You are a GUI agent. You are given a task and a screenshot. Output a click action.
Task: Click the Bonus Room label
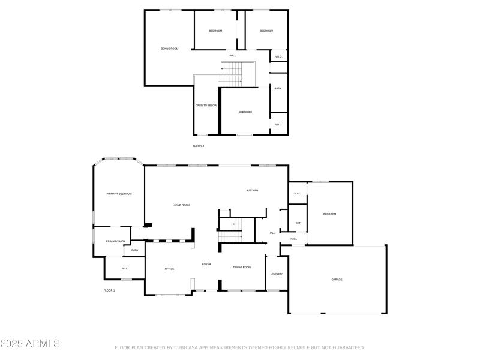(169, 49)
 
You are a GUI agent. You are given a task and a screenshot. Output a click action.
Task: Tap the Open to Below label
(206, 106)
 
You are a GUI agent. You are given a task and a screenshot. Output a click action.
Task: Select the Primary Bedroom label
(119, 194)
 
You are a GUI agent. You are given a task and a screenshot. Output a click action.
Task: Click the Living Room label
(181, 205)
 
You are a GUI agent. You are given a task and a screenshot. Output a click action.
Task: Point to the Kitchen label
(253, 190)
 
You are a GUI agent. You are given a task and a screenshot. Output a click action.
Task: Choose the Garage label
(337, 280)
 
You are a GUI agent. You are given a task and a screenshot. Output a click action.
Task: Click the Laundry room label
(277, 274)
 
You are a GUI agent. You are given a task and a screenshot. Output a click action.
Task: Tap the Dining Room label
(242, 268)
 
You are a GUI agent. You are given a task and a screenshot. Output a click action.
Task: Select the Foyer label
(206, 264)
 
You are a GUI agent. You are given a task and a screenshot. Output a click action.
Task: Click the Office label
(170, 269)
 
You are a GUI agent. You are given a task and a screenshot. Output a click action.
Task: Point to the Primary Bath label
(115, 241)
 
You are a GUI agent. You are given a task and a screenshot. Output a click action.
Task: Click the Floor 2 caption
(199, 146)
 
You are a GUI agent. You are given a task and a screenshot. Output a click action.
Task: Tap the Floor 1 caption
(109, 290)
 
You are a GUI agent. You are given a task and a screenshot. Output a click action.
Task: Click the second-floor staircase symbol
(231, 75)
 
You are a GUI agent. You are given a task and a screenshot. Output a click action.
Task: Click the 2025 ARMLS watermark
(30, 344)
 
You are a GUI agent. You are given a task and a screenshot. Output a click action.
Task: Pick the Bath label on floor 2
(277, 89)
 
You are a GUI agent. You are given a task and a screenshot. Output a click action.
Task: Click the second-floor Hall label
(232, 56)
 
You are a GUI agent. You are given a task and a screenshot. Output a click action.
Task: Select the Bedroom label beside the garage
(329, 214)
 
